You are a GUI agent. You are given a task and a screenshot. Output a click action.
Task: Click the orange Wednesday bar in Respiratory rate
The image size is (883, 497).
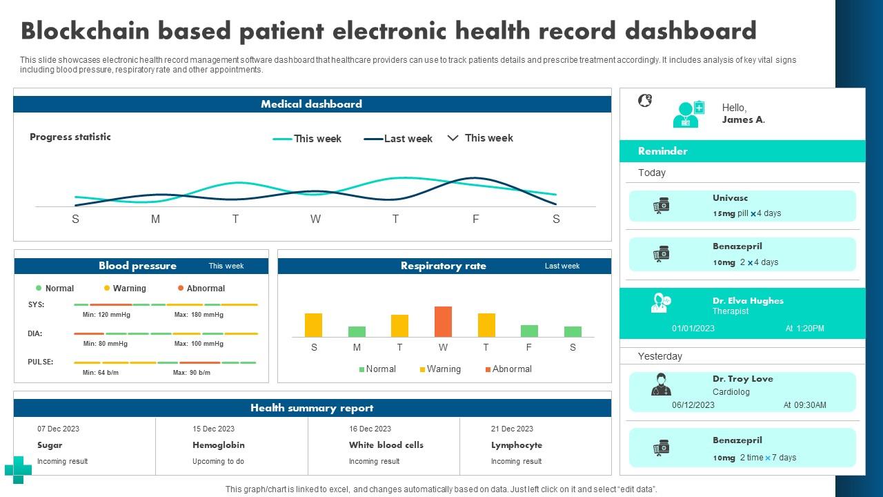[x=443, y=322]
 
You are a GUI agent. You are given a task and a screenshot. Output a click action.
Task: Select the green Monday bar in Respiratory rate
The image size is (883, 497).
[x=357, y=331]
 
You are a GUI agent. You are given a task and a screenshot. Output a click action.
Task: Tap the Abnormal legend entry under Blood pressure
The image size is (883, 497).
[x=205, y=289]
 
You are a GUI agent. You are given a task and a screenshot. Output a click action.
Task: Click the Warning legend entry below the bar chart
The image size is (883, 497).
[x=443, y=369]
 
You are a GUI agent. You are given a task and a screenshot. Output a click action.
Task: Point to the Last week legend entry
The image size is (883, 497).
[x=407, y=139]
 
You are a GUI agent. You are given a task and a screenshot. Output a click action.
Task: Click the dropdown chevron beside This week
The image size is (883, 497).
[x=453, y=138]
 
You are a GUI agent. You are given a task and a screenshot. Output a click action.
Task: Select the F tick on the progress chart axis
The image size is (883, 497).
[x=475, y=220]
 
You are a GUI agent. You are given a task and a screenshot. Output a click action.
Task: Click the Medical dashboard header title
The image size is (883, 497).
[x=311, y=104]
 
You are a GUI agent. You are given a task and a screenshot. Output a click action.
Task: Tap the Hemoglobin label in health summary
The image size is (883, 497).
[x=218, y=445]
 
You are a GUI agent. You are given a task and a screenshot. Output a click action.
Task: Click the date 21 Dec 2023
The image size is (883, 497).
[x=512, y=429]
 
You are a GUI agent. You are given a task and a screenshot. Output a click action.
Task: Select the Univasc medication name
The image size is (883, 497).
[x=730, y=198]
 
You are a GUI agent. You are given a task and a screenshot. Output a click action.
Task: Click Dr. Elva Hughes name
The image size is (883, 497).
[x=748, y=301]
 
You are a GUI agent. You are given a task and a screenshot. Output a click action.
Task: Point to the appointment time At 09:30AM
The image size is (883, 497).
[x=804, y=405]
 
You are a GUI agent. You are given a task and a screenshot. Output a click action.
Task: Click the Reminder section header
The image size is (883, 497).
[x=662, y=151]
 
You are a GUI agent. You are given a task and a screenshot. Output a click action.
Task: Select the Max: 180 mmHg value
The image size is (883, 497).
[x=199, y=315]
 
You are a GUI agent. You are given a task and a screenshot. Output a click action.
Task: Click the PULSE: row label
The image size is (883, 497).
[x=41, y=362]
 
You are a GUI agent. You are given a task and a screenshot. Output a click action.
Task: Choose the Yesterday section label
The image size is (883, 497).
[x=659, y=356]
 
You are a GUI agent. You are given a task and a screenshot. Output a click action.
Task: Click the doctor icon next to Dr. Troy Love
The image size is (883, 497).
[x=661, y=385]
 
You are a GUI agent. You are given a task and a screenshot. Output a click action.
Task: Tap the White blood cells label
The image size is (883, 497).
[x=386, y=445]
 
